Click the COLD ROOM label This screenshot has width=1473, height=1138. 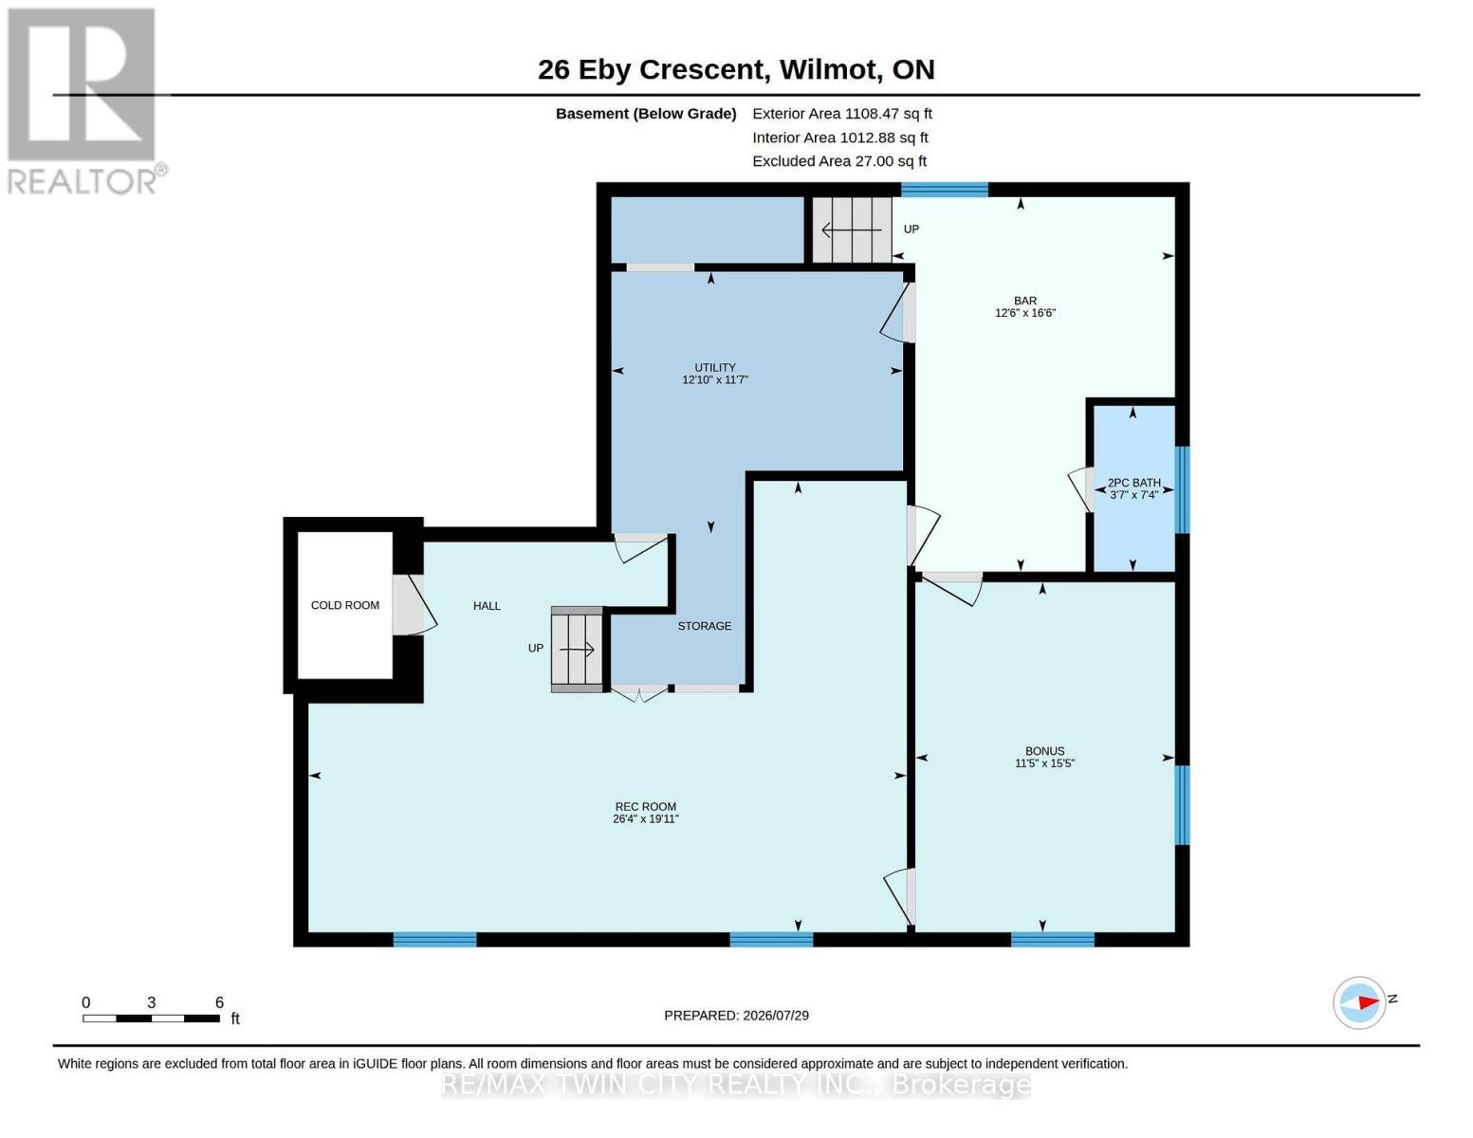pyautogui.click(x=344, y=605)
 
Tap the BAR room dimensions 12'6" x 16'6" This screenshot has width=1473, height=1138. pyautogui.click(x=1025, y=313)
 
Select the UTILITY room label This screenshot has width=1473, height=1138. pyautogui.click(x=714, y=367)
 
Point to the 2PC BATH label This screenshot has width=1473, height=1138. pyautogui.click(x=1133, y=483)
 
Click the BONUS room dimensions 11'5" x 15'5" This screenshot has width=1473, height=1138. pyautogui.click(x=1044, y=763)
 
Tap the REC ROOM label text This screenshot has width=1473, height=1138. pyautogui.click(x=645, y=807)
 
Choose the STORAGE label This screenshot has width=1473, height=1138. pyautogui.click(x=705, y=626)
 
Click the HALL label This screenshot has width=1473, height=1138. pyautogui.click(x=487, y=606)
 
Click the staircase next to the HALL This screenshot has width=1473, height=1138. pyautogui.click(x=577, y=650)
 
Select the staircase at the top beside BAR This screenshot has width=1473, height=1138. pyautogui.click(x=852, y=229)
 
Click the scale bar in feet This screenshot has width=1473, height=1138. pyautogui.click(x=151, y=1018)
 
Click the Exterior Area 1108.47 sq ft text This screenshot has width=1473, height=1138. pyautogui.click(x=842, y=114)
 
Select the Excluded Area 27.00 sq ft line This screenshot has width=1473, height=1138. pyautogui.click(x=839, y=161)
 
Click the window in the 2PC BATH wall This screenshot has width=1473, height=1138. pyautogui.click(x=1182, y=489)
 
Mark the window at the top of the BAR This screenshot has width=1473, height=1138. pyautogui.click(x=944, y=189)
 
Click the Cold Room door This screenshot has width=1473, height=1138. pyautogui.click(x=414, y=605)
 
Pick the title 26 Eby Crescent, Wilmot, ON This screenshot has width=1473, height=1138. pyautogui.click(x=736, y=69)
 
